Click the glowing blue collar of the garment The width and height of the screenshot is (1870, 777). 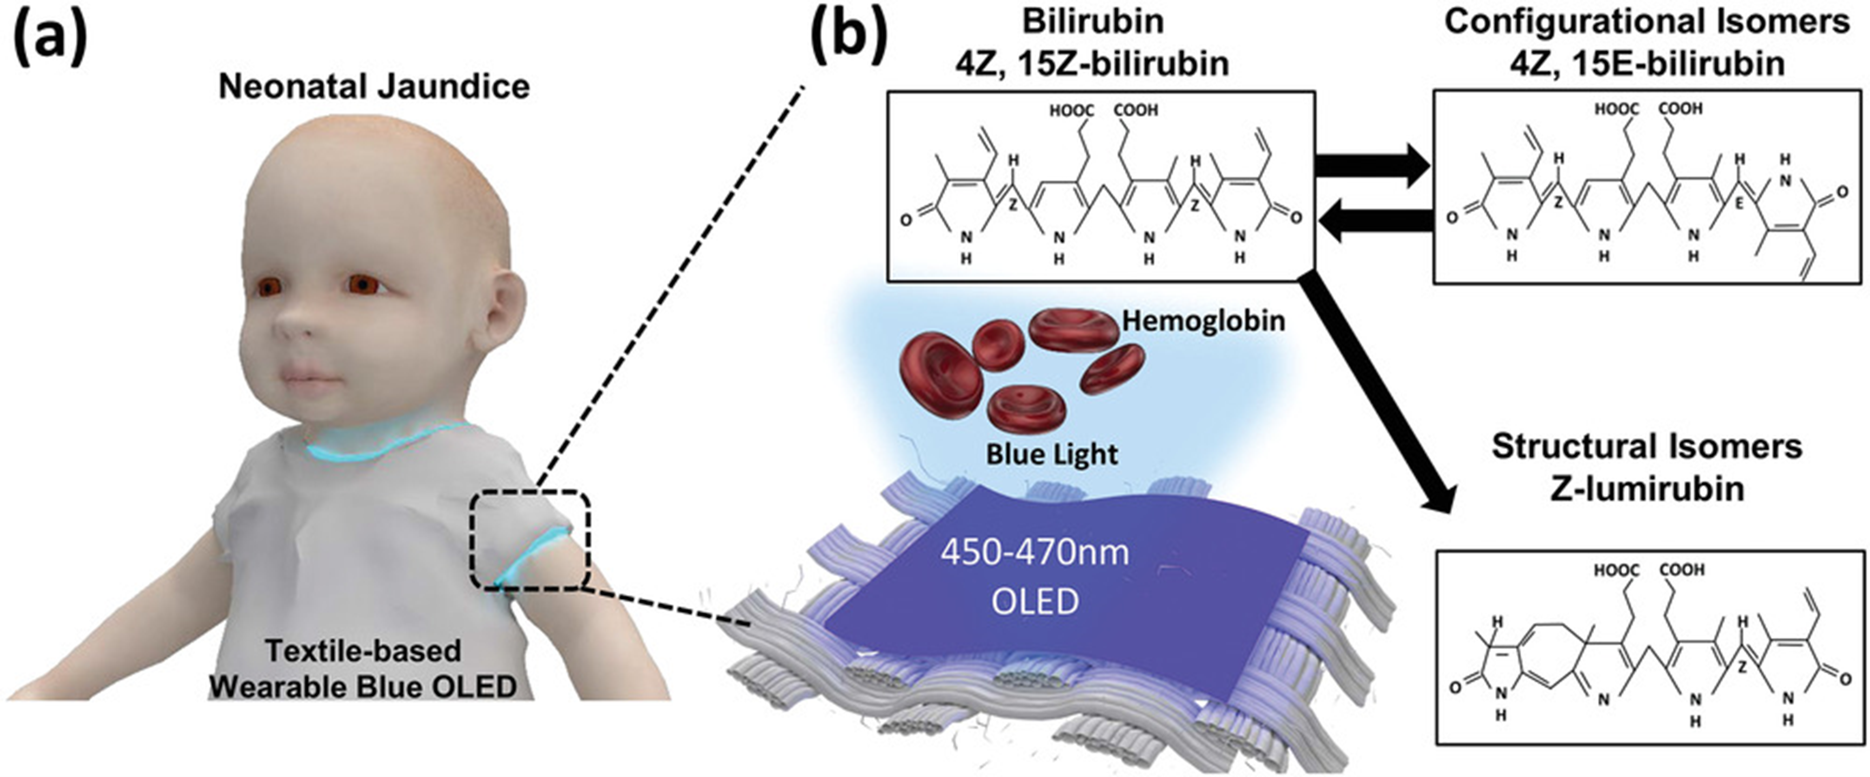[x=384, y=443]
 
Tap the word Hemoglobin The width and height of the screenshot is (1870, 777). [x=1204, y=320]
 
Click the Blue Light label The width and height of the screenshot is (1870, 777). [x=1051, y=455]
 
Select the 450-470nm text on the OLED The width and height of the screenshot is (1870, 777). [x=1035, y=553]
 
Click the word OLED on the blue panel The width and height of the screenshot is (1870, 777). [x=1035, y=601]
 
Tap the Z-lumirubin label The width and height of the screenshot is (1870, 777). [x=1647, y=489]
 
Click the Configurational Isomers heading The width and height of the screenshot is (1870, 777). [x=1647, y=22]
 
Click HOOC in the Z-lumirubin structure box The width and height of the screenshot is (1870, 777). [x=1616, y=570]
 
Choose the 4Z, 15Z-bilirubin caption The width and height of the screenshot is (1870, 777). [x=1092, y=64]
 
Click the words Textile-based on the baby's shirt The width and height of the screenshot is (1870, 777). [x=363, y=651]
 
